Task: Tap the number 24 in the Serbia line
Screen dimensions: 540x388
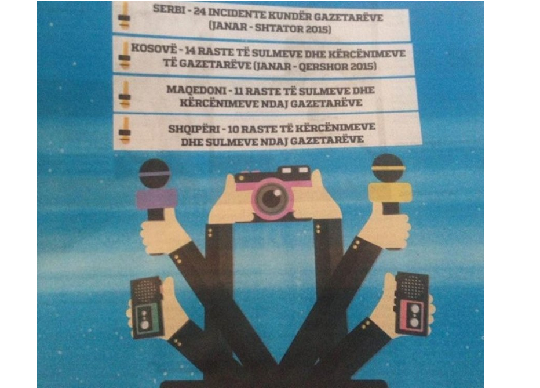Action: tap(199, 11)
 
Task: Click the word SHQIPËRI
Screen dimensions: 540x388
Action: tap(194, 129)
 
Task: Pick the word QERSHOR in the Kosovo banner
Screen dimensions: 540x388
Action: tap(323, 66)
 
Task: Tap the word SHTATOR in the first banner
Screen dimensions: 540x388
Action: tap(280, 28)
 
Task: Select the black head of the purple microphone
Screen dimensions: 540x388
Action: tap(154, 173)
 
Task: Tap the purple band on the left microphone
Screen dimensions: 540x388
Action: tap(156, 200)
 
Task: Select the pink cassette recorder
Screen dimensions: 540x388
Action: tap(413, 303)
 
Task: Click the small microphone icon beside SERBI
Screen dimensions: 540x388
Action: tap(124, 16)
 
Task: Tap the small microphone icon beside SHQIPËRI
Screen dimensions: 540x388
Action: tap(125, 130)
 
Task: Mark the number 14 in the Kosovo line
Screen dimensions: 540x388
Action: tap(191, 50)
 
